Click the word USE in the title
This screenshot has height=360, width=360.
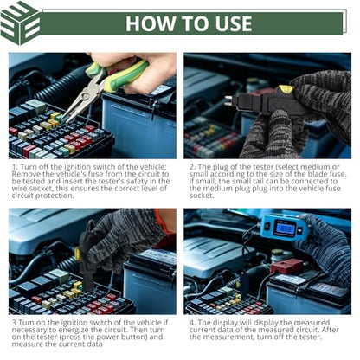coord(234,23)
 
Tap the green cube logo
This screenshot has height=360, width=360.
coord(20,23)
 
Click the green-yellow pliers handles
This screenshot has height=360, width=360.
coord(121,75)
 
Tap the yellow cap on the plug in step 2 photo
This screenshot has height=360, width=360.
coord(286,89)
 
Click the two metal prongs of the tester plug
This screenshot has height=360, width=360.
coord(228,100)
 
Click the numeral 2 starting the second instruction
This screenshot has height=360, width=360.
coord(192,167)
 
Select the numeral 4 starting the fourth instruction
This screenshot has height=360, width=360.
coord(192,323)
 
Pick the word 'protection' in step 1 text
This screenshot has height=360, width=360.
coord(55,196)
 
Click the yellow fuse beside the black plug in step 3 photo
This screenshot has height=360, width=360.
coord(77,254)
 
